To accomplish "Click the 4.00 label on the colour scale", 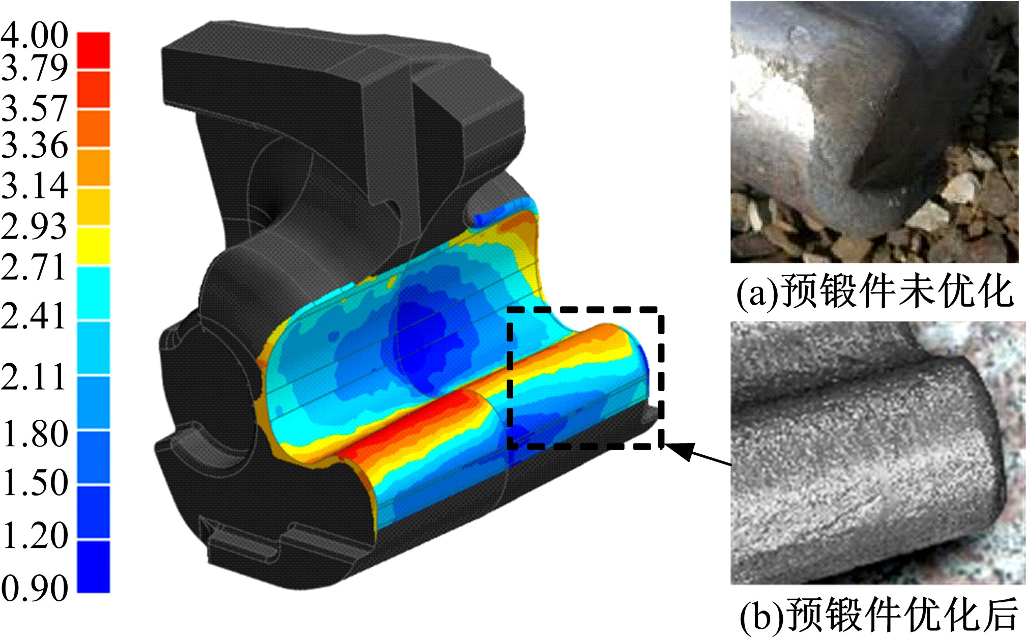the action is click(x=34, y=35).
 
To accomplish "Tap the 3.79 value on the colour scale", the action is click(x=34, y=67).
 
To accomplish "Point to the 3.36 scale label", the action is click(x=34, y=144).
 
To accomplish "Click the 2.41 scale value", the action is click(x=34, y=315).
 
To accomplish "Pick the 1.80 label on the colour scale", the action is click(x=34, y=433).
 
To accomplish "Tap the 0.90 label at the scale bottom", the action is click(x=34, y=588).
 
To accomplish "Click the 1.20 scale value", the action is click(x=34, y=535).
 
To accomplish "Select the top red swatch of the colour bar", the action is click(x=94, y=50).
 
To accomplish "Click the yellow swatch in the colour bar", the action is click(x=94, y=246).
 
